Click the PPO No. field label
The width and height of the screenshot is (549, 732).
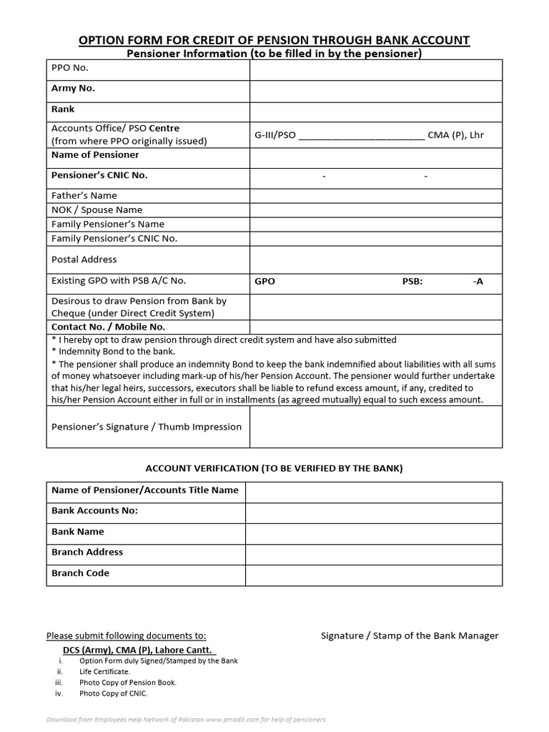[70, 69]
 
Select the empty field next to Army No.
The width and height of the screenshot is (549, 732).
[375, 90]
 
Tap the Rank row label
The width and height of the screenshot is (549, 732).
[63, 109]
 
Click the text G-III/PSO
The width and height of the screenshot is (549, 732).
[275, 134]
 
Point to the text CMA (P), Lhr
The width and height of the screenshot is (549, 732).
[455, 134]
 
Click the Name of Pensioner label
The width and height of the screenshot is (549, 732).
[95, 154]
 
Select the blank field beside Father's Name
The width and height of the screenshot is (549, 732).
[375, 195]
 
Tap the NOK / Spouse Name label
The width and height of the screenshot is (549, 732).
[97, 209]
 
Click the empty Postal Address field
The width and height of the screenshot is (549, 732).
[375, 259]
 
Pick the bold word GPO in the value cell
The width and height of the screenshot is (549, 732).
[264, 282]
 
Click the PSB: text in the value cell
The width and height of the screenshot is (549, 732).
[412, 282]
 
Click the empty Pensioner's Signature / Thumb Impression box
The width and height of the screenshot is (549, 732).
[375, 427]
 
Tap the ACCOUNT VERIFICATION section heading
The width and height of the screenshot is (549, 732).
[274, 468]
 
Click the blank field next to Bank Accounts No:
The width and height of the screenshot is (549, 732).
[374, 511]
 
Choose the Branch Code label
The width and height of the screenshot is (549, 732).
[80, 573]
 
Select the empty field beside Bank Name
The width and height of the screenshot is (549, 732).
[374, 532]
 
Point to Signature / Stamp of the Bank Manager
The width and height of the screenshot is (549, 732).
[410, 635]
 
